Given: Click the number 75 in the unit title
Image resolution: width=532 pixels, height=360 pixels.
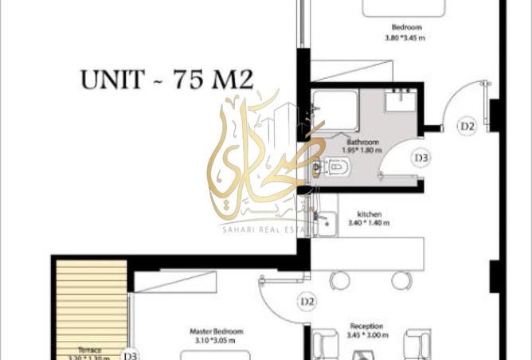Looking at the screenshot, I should point(189,79).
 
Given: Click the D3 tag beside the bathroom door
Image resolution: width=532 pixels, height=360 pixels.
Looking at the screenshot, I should point(421,158).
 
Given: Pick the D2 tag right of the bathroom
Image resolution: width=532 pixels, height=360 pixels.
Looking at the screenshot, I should point(467,125).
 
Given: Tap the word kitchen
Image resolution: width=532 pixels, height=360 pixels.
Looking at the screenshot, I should point(370,214).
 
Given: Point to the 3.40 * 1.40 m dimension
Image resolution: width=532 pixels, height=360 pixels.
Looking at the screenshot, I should point(370,224).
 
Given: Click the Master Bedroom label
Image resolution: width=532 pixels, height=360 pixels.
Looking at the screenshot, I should point(217,331).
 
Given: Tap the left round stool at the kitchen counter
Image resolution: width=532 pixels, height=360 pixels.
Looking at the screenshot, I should point(340,280).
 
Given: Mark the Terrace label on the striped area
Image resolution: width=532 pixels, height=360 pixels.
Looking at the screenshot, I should point(88,350).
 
